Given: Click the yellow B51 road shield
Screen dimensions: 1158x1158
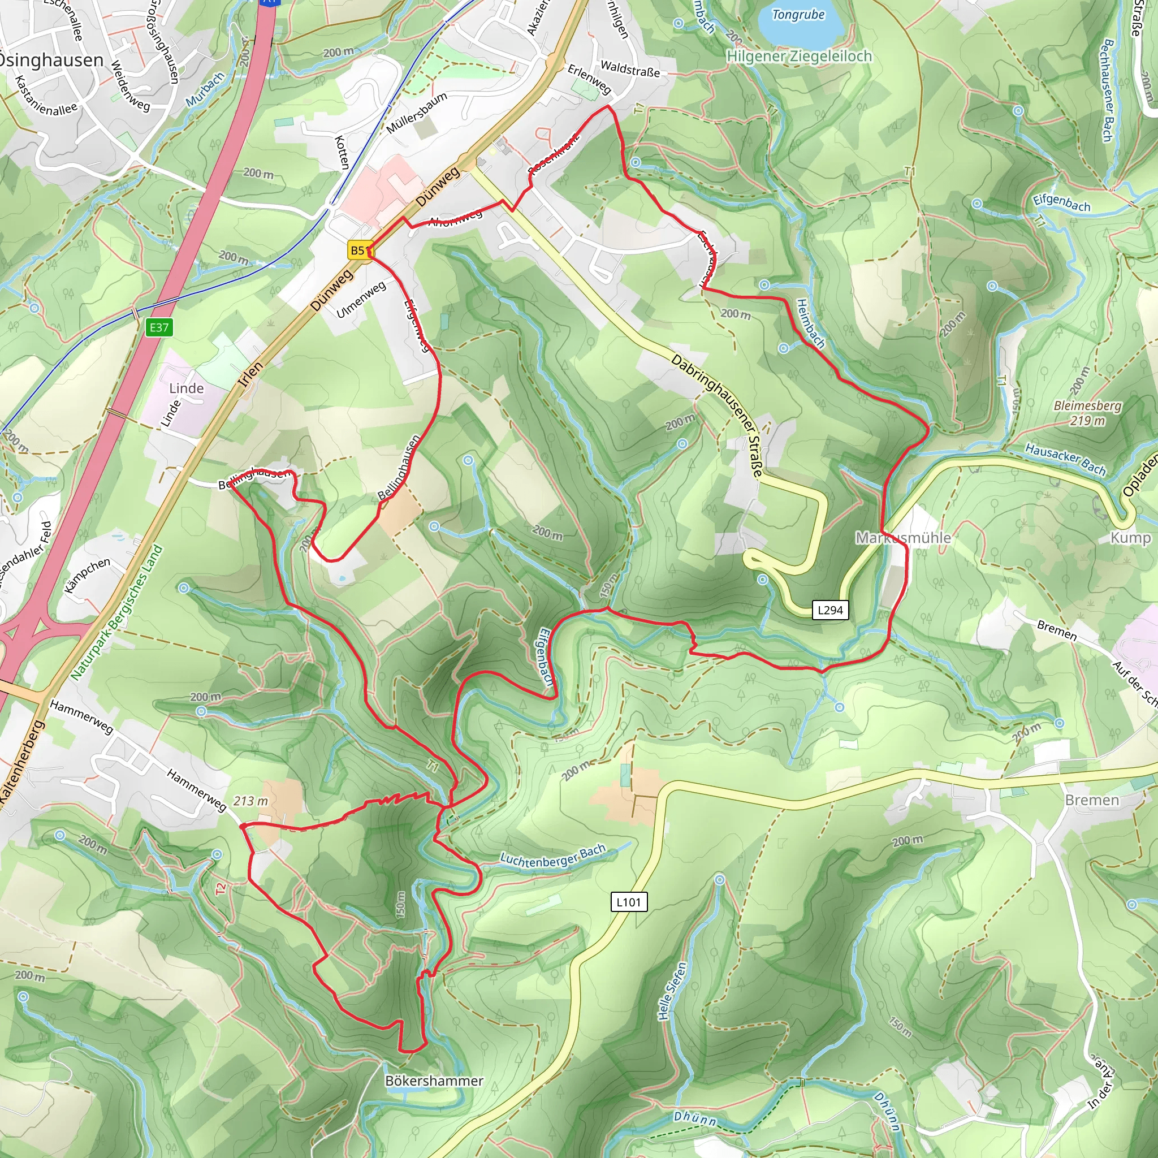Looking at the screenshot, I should click(x=358, y=250).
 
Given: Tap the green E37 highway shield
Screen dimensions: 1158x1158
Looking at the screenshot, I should click(x=159, y=327).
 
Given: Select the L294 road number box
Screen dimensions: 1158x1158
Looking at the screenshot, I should click(x=830, y=610).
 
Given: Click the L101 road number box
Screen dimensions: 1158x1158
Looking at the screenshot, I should click(x=629, y=902).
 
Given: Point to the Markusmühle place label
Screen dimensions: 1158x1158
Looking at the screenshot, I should click(x=902, y=538).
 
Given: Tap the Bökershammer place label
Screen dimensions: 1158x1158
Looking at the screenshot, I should click(x=434, y=1081).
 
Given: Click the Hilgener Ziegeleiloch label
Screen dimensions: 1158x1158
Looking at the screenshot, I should click(x=799, y=57).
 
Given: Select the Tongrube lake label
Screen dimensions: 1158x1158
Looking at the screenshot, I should click(x=798, y=15).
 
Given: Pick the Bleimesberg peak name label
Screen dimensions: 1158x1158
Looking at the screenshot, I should click(x=1087, y=406).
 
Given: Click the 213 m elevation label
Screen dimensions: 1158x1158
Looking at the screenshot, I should click(x=250, y=801).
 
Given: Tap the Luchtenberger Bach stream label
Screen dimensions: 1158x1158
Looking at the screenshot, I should click(x=552, y=855).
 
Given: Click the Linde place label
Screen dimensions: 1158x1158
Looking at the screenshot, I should click(x=187, y=388).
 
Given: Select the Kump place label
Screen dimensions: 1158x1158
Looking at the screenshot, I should click(x=1130, y=538).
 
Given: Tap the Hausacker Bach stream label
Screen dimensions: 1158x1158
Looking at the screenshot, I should click(x=1065, y=459).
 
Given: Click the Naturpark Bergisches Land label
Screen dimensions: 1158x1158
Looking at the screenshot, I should click(x=116, y=612).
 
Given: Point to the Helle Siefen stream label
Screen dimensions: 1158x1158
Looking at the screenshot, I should click(x=671, y=992).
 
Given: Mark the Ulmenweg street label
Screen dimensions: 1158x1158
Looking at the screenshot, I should click(x=360, y=300).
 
